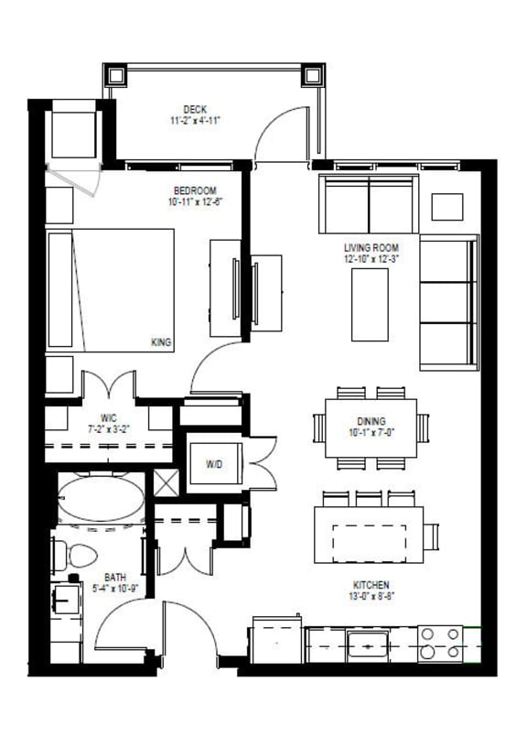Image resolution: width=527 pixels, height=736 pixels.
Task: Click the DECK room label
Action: click(195, 107)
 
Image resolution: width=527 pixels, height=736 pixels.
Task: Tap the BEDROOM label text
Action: click(194, 190)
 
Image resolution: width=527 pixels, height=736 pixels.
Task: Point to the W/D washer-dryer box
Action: click(214, 465)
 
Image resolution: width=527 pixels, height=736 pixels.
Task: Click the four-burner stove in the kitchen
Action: click(440, 644)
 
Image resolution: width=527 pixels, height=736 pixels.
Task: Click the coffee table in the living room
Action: click(370, 305)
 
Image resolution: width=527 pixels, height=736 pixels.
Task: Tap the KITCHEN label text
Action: click(371, 585)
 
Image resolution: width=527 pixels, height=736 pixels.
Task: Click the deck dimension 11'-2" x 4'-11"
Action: click(195, 120)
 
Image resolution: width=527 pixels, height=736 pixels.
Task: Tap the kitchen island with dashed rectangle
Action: click(369, 535)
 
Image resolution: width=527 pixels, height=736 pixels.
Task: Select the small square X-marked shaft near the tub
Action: click(166, 482)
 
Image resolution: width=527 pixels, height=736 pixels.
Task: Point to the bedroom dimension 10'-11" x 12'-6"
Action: click(194, 203)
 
